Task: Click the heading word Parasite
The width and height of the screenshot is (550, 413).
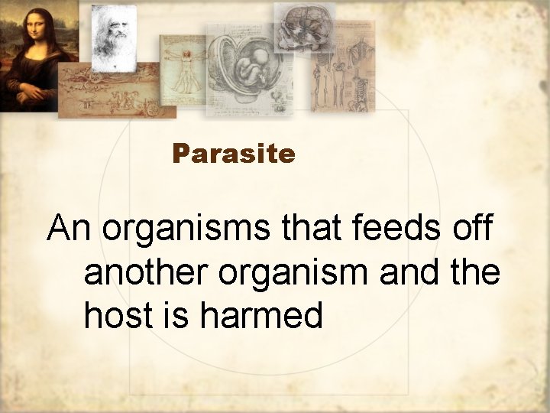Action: pyautogui.click(x=234, y=154)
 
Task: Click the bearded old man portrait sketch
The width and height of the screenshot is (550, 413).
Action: pyautogui.click(x=114, y=35)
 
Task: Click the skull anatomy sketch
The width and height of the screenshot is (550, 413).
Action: pyautogui.click(x=303, y=28)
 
